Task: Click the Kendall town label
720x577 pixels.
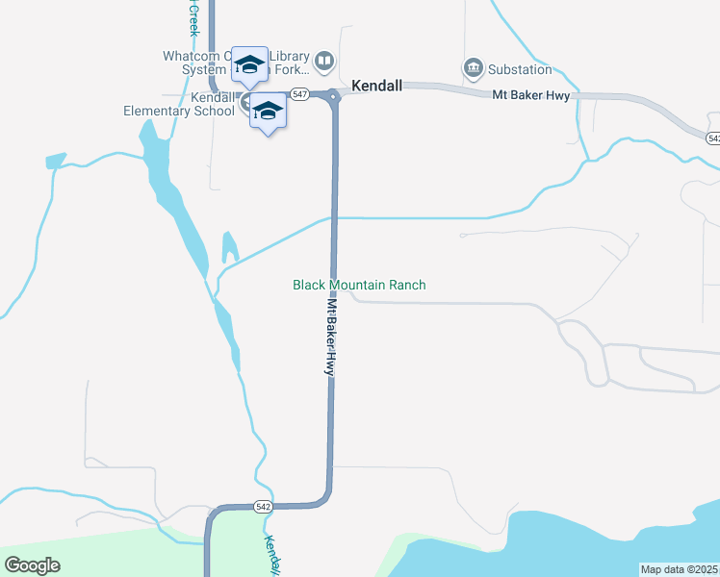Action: click(x=376, y=86)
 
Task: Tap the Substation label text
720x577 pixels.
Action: click(x=520, y=69)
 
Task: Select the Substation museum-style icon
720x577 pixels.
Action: click(x=473, y=67)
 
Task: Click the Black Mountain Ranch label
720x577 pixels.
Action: click(x=359, y=285)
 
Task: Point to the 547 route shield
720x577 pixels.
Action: click(x=300, y=94)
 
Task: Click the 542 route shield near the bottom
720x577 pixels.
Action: click(x=264, y=506)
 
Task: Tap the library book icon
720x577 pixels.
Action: click(x=325, y=63)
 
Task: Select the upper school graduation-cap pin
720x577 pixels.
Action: click(x=249, y=65)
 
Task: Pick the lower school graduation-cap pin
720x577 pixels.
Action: click(x=268, y=112)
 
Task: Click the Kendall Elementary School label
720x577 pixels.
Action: click(x=179, y=104)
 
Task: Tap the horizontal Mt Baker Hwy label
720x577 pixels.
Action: click(x=531, y=95)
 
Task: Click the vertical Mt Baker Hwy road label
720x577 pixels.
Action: click(x=331, y=336)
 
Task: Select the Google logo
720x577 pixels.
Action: click(x=32, y=564)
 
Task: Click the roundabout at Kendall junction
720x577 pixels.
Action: click(x=334, y=95)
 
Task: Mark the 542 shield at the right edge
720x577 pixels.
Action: click(x=713, y=138)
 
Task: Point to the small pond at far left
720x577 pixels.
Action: click(x=56, y=160)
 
